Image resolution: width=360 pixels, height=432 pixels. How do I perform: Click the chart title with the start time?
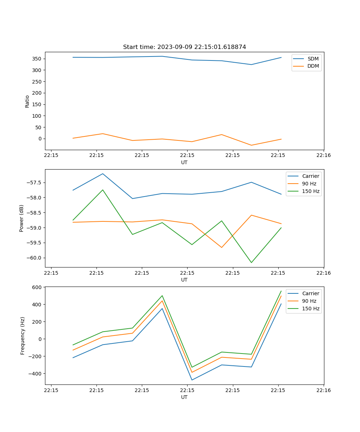(x=184, y=47)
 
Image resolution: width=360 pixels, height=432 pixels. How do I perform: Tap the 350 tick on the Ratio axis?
(x=37, y=59)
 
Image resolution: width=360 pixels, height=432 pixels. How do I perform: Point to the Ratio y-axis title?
(x=27, y=101)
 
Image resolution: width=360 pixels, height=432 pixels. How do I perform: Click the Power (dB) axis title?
(x=22, y=218)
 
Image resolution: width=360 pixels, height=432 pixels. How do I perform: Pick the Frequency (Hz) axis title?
(x=22, y=336)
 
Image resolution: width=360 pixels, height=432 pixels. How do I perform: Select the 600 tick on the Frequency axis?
(x=37, y=287)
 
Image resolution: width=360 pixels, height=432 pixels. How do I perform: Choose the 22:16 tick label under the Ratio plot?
(x=324, y=156)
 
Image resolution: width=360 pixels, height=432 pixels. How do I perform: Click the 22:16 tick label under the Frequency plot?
(x=324, y=390)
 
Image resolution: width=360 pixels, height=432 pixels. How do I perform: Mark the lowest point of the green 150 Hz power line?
(x=251, y=262)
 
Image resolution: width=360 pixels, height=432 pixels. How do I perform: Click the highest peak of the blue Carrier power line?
(x=103, y=174)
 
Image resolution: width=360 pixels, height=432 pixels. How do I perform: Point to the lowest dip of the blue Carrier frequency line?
(x=192, y=380)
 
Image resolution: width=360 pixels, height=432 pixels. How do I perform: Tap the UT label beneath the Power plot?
(x=184, y=280)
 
